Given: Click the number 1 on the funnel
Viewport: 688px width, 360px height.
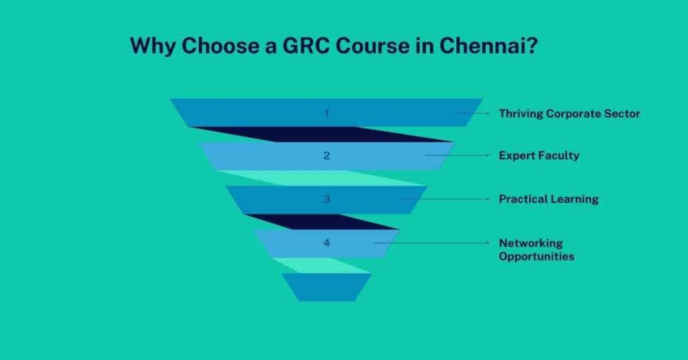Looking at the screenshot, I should tap(327, 113).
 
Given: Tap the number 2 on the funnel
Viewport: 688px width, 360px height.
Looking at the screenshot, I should tap(327, 156).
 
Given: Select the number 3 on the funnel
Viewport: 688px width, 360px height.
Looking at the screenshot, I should tap(327, 199).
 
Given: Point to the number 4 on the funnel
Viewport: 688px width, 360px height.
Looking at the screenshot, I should tap(327, 243).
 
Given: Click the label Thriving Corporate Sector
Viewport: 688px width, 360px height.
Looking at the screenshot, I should tap(569, 114).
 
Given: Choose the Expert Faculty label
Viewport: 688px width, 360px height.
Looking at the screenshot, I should tap(539, 156).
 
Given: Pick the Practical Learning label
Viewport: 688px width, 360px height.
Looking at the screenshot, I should tap(548, 199).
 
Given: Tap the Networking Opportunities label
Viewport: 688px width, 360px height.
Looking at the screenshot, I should tap(536, 249).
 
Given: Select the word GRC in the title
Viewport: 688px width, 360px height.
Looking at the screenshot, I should tap(315, 46).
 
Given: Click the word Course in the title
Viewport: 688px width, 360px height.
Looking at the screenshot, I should tap(382, 46).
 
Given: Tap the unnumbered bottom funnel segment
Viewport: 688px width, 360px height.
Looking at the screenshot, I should tap(327, 287).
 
